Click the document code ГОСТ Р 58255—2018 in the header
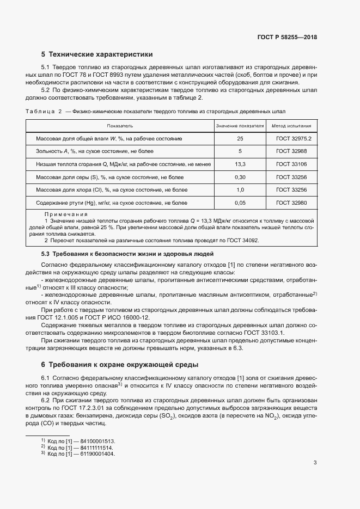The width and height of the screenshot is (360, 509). [x=287, y=38]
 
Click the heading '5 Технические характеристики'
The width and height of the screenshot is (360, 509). [x=97, y=54]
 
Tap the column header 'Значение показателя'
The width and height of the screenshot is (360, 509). [x=240, y=126]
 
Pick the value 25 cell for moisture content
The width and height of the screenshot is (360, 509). [x=240, y=139]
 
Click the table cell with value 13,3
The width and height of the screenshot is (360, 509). [x=240, y=164]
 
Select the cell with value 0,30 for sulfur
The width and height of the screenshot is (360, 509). [x=240, y=177]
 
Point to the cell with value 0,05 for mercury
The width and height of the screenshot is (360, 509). [x=240, y=203]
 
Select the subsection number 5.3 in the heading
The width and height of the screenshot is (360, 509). [x=46, y=254]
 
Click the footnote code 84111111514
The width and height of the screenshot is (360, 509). [x=97, y=446]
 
